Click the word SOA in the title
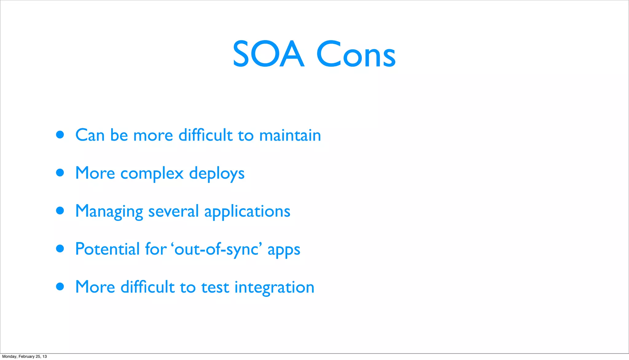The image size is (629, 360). click(x=268, y=54)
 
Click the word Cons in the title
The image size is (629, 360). click(x=356, y=54)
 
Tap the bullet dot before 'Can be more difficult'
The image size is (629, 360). click(x=60, y=135)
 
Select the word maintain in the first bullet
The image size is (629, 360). click(x=290, y=135)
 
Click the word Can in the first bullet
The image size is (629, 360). click(x=90, y=135)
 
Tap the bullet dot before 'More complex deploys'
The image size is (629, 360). click(x=60, y=173)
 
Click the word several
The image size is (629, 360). click(x=173, y=211)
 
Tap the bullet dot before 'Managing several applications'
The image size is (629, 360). click(x=60, y=211)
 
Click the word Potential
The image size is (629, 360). click(x=107, y=249)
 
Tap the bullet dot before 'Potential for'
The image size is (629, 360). click(x=60, y=249)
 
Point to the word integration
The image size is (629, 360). click(x=274, y=288)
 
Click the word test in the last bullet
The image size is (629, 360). click(x=215, y=288)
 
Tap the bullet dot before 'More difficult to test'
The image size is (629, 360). click(x=60, y=287)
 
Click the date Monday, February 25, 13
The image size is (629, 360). click(x=25, y=356)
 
